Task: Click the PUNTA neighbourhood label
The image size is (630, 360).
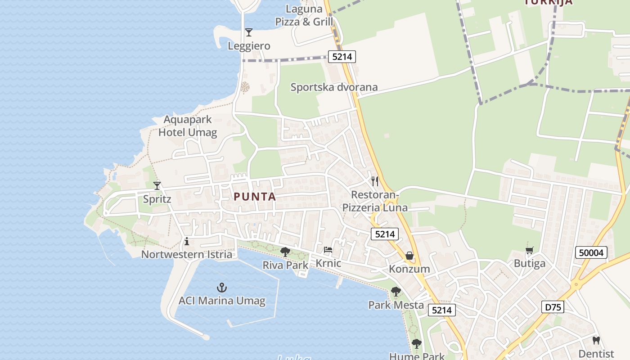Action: [x=255, y=197]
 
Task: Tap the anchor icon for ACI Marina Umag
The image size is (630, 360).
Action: [x=221, y=287]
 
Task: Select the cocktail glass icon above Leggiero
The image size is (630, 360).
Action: [x=248, y=32]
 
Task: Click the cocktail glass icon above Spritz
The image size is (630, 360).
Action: [x=157, y=185]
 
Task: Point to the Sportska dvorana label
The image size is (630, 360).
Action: [x=334, y=87]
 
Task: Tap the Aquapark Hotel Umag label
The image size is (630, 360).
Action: [x=188, y=126]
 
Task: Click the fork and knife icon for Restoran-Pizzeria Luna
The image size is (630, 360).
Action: [x=374, y=181]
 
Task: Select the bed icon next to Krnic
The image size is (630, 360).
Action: [x=328, y=250]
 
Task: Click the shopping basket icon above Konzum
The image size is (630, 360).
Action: [x=409, y=256]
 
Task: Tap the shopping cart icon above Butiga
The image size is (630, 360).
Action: [x=530, y=250]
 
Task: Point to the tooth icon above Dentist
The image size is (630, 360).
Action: [x=596, y=340]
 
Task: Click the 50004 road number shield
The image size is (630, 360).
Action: [x=591, y=252]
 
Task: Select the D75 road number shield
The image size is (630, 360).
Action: [x=553, y=307]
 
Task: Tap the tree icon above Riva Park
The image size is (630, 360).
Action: [x=285, y=252]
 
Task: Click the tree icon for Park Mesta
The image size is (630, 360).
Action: [x=396, y=292]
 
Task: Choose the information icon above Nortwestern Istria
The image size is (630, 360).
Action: [x=187, y=242]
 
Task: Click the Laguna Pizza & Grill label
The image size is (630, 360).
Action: [x=304, y=15]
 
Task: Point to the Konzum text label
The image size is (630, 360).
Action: [x=409, y=269]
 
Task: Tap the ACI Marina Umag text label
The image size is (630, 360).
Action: [x=222, y=301]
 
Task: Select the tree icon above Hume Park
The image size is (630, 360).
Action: [x=417, y=344]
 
